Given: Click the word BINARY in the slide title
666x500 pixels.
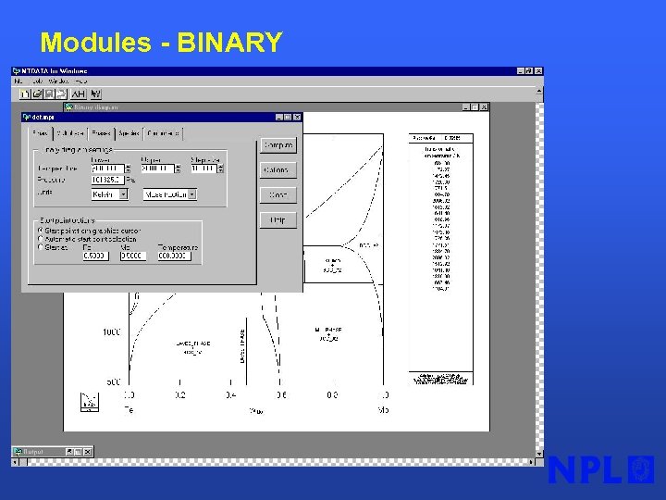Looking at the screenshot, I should pos(230,43).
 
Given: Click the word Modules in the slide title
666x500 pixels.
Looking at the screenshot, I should pos(95,43).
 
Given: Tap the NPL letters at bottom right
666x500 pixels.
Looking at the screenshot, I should pos(586,470).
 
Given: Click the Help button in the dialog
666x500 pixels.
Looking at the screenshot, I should pos(277,220).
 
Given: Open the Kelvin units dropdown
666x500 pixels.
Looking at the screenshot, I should pos(123,194).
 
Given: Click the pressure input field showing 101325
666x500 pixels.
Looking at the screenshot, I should pos(105,181).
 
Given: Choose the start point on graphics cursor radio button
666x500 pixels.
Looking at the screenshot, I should pos(41,231).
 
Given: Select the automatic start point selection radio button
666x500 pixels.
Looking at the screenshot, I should pos(41,239).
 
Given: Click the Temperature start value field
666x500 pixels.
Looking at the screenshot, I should pos(174,256).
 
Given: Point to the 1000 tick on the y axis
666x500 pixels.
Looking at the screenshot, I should pos(112,331).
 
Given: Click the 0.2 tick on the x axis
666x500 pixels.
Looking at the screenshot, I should pos(179,395).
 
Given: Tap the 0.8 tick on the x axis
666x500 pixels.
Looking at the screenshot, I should pos(332,395).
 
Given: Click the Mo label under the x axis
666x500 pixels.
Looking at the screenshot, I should pos(383,409).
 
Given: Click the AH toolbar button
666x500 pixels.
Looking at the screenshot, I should pos(79,94).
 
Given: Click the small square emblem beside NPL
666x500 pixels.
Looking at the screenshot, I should pos(640,470).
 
